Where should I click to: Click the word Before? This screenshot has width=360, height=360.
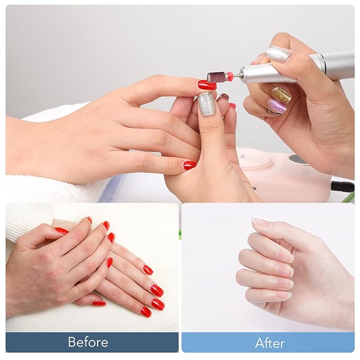click(x=88, y=342)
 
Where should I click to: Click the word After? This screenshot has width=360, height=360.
click(x=270, y=343)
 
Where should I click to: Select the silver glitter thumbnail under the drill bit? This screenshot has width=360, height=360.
click(x=206, y=104)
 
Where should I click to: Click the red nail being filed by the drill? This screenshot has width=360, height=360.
click(x=207, y=85)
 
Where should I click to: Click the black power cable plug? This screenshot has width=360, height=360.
click(x=343, y=186)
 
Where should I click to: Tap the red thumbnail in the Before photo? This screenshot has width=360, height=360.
click(x=62, y=230)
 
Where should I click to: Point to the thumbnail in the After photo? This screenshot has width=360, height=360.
click(x=259, y=221)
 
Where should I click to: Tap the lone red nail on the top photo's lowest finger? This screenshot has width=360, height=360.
click(x=190, y=165)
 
